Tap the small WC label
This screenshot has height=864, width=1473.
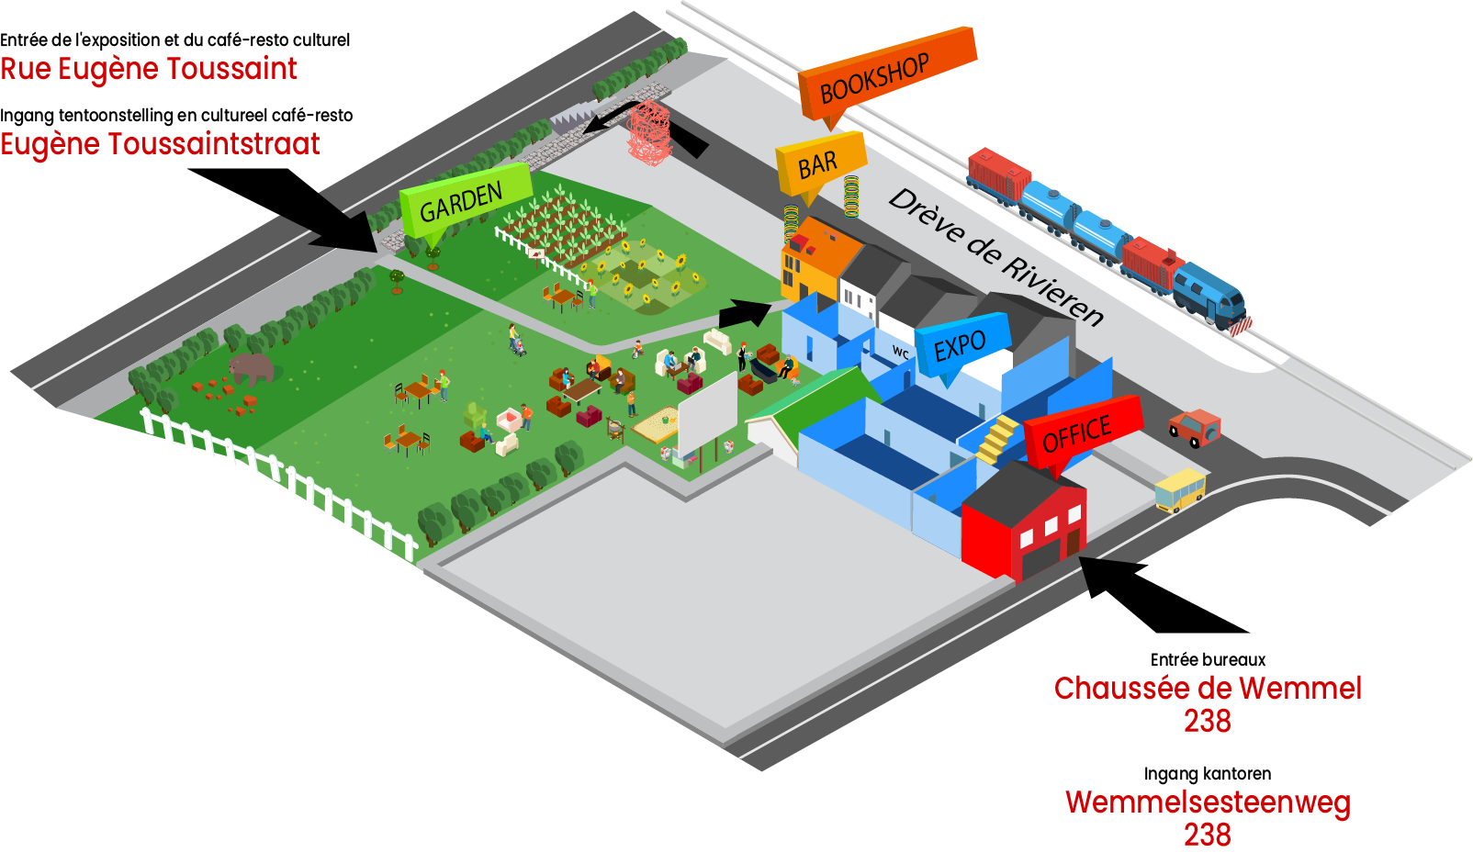click(x=901, y=353)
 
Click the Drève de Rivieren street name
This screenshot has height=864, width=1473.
click(x=995, y=256)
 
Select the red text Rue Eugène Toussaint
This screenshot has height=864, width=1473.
click(x=148, y=69)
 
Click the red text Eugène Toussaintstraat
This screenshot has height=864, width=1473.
click(x=160, y=144)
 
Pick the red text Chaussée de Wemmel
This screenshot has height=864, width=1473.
click(x=1207, y=688)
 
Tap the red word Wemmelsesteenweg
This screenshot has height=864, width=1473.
click(x=1207, y=802)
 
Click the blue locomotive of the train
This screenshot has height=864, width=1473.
click(x=1212, y=294)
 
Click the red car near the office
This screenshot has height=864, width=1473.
click(x=1195, y=428)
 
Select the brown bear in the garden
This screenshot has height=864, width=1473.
click(x=252, y=369)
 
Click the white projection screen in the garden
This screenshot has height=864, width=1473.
click(x=707, y=414)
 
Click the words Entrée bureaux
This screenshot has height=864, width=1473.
click(x=1208, y=659)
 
